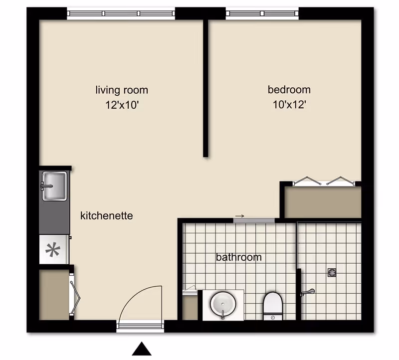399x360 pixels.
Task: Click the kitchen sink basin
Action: pyautogui.click(x=54, y=186)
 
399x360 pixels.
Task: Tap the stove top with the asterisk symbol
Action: pyautogui.click(x=53, y=250)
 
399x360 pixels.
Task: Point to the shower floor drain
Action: pyautogui.click(x=332, y=273)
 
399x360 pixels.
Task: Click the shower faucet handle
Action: pyautogui.click(x=308, y=292)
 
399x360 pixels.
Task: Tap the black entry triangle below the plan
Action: pyautogui.click(x=142, y=349)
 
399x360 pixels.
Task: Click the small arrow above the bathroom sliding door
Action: pyautogui.click(x=239, y=216)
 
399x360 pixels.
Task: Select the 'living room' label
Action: pyautogui.click(x=122, y=90)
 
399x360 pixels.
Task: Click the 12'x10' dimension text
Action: pyautogui.click(x=122, y=105)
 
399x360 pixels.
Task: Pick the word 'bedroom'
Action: pyautogui.click(x=289, y=90)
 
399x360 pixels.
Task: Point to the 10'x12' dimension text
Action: pyautogui.click(x=289, y=104)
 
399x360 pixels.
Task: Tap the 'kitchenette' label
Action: pyautogui.click(x=107, y=216)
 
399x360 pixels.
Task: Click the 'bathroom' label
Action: pyautogui.click(x=239, y=257)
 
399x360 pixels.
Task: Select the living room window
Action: pyautogui.click(x=121, y=13)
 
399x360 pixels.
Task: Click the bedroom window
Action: pyautogui.click(x=262, y=13)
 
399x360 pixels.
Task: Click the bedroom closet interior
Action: pyautogui.click(x=323, y=202)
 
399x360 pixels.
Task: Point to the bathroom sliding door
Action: pyautogui.click(x=254, y=220)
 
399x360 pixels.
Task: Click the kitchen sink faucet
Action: pyautogui.click(x=46, y=186)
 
